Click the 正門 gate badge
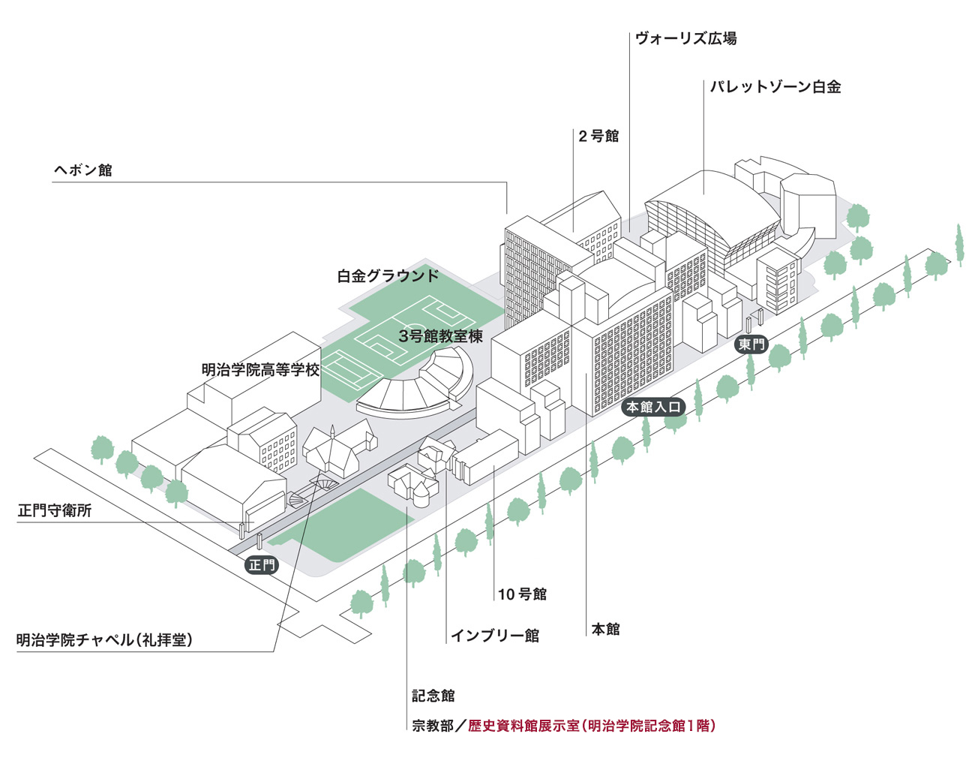coord(262,565)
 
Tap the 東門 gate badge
coord(751,344)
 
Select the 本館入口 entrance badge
coord(654,408)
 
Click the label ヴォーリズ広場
coord(685,38)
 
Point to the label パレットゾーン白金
coord(775,87)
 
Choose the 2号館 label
coord(598,136)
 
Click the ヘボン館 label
coord(83,170)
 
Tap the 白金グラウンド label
coord(388,275)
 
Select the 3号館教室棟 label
coord(440,336)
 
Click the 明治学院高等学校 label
coord(260,369)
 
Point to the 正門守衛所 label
coord(55,510)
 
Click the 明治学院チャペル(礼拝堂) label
coord(105,640)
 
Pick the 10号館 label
coord(522,594)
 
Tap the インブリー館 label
coord(495,636)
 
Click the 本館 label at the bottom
coord(606,629)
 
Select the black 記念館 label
coord(433,696)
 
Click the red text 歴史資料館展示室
coord(523,726)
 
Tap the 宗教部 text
coord(433,726)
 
